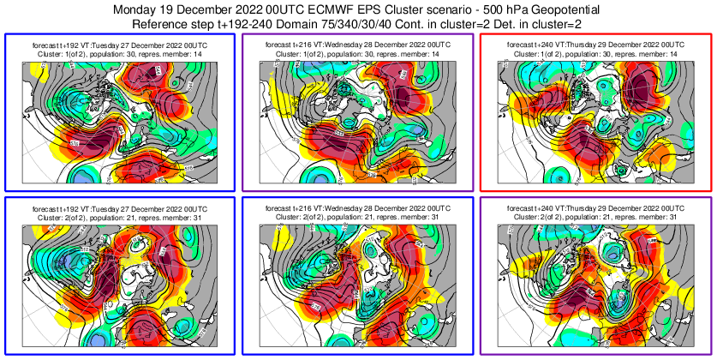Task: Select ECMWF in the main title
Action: pyautogui.click(x=333, y=9)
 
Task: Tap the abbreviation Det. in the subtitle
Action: pyautogui.click(x=507, y=23)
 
